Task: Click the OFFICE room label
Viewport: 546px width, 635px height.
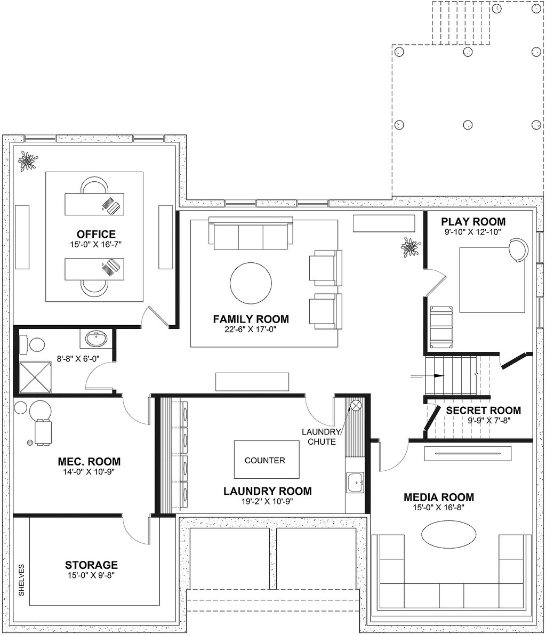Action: coord(96,234)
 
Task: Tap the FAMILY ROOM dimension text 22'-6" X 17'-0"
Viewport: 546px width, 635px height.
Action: coord(250,329)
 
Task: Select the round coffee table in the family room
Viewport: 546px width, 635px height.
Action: coord(251,283)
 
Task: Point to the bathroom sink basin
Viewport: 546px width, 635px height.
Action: coord(97,340)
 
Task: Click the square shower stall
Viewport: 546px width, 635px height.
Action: coord(35,377)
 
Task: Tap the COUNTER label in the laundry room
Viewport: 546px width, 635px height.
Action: coord(265,461)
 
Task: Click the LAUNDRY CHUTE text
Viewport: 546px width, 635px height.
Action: coord(321,437)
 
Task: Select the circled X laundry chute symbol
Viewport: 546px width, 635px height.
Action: coord(356,405)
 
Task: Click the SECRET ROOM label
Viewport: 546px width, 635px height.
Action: coord(483,410)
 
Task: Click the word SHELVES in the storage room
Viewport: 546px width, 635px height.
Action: coord(21,580)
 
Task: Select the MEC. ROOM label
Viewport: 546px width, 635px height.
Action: coord(89,462)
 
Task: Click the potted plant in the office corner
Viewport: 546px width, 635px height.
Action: coord(28,161)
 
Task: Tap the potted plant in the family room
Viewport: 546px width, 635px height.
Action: coord(411,247)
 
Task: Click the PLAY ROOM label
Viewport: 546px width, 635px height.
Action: coord(473,221)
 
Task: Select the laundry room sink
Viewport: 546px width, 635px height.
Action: coord(355,483)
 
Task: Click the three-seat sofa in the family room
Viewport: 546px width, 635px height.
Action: coord(251,233)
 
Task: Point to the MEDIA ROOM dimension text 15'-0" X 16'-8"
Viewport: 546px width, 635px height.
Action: coord(439,508)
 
